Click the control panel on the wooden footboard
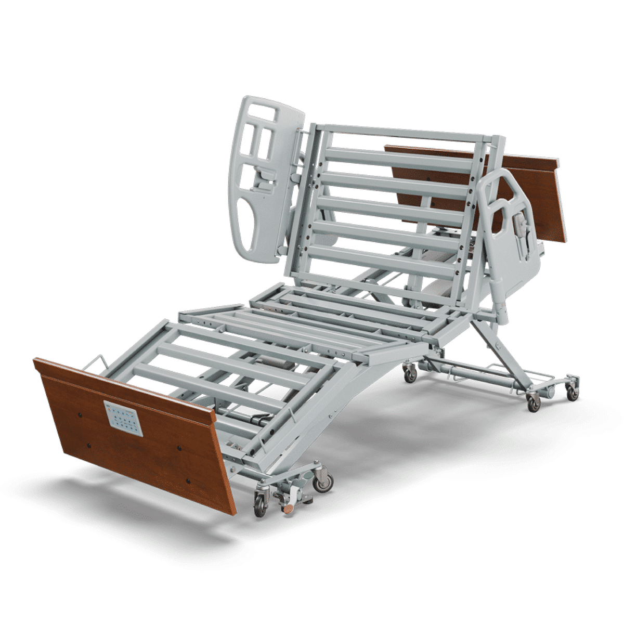[123, 418]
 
